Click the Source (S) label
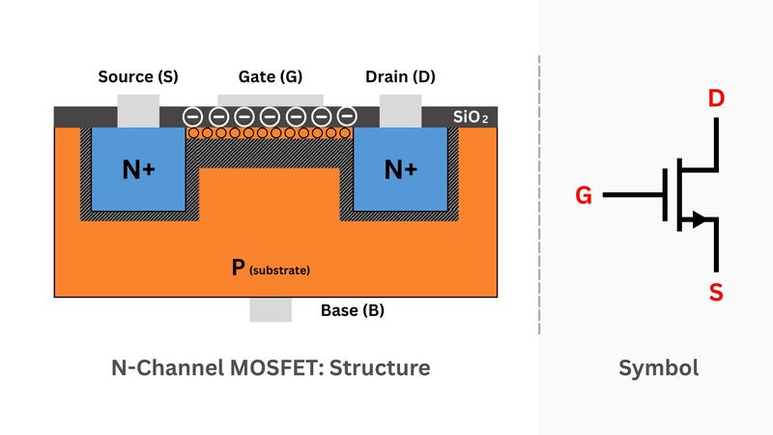[x=138, y=76]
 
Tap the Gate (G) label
[x=270, y=76]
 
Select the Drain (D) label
[x=400, y=76]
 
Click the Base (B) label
[x=352, y=311]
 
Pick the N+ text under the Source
[x=138, y=170]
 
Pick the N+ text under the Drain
[x=400, y=170]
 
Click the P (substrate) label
[x=270, y=268]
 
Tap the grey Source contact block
[x=138, y=110]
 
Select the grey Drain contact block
[x=400, y=110]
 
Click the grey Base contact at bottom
[x=270, y=309]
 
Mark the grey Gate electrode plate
[x=270, y=99]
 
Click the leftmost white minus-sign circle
[x=193, y=116]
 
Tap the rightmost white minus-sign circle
[x=347, y=116]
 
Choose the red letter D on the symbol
[x=716, y=100]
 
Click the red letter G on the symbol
[x=583, y=196]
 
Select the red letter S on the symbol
[x=716, y=293]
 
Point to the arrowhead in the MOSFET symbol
[x=698, y=221]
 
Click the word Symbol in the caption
[x=658, y=368]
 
